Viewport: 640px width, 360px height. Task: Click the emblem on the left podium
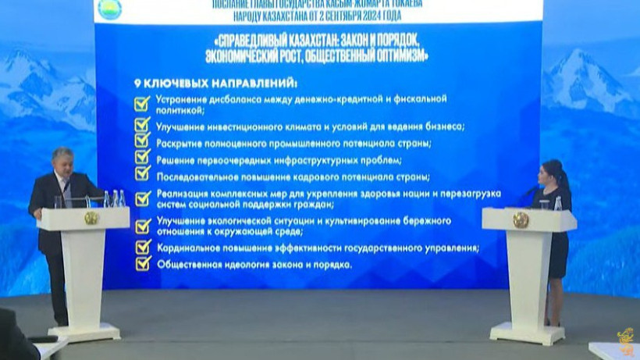pyautogui.click(x=91, y=218)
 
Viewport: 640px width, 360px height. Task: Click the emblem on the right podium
pyautogui.click(x=520, y=219)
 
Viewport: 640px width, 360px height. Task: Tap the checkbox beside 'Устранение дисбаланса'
pyautogui.click(x=142, y=104)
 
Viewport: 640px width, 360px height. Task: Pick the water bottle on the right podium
pyautogui.click(x=557, y=202)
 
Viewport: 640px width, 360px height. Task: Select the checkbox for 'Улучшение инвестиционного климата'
pyautogui.click(x=142, y=125)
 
